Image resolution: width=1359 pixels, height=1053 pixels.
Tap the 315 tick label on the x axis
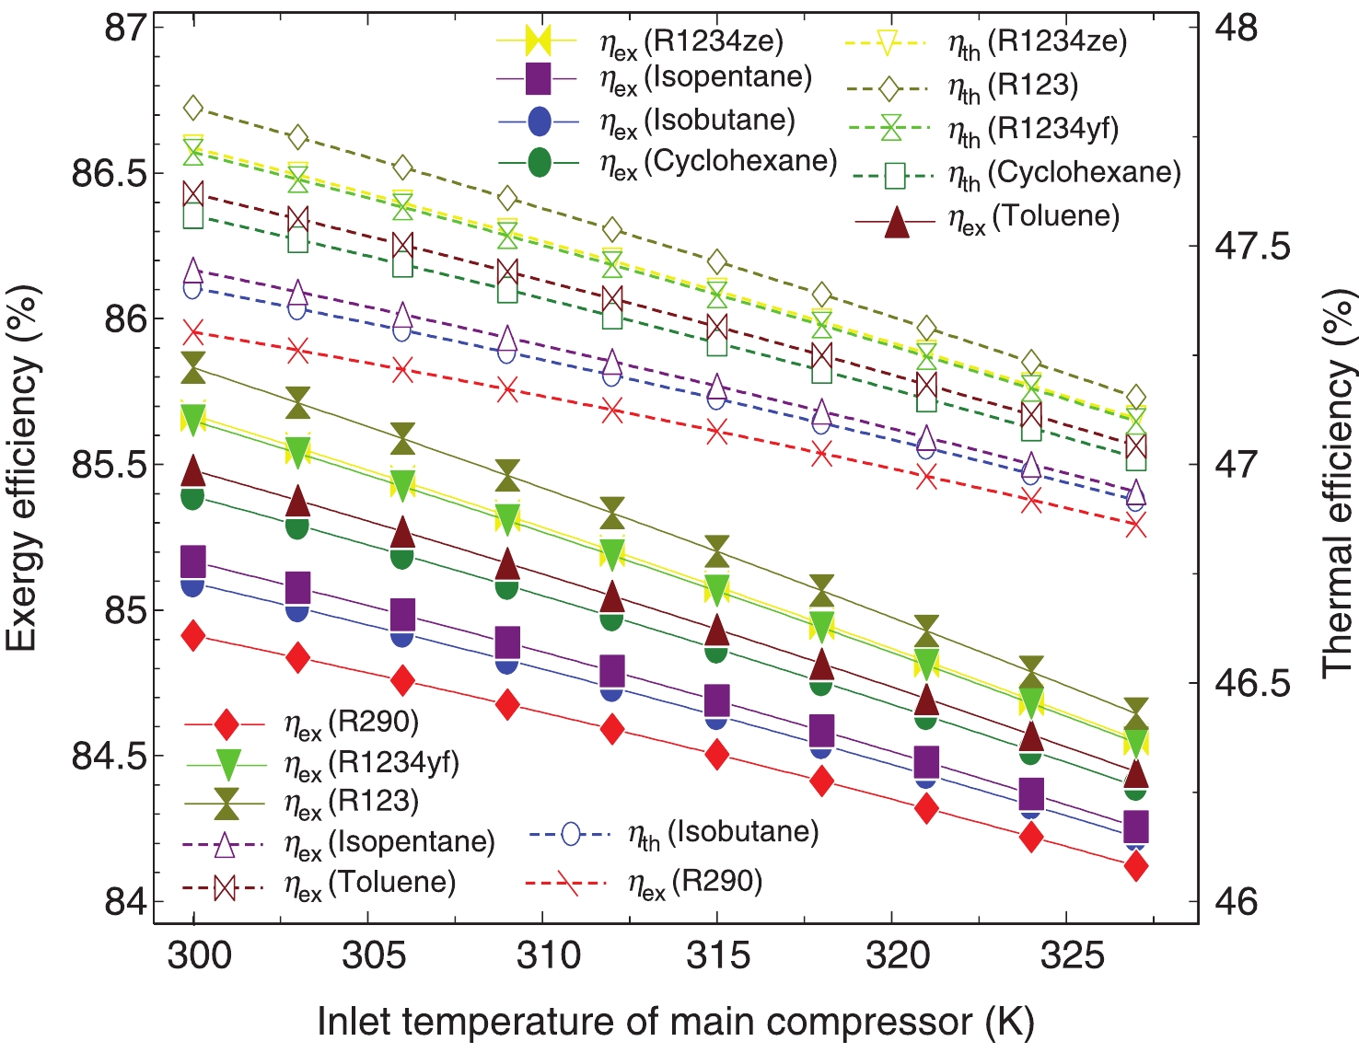tap(717, 955)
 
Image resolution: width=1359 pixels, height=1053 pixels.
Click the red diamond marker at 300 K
tap(193, 635)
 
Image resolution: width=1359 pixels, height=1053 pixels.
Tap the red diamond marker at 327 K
tap(1136, 866)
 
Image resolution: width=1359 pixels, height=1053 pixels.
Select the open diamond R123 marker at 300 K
tap(193, 108)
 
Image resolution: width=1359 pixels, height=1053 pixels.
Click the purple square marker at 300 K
tap(193, 561)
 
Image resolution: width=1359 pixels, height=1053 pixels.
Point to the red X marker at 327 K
tap(1136, 526)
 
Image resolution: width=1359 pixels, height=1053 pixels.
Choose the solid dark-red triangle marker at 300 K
tap(193, 471)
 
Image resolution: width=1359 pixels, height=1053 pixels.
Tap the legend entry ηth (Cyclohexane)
tap(1064, 174)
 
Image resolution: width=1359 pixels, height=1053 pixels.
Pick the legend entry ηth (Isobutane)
tap(723, 834)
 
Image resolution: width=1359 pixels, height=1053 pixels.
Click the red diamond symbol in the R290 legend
tap(226, 724)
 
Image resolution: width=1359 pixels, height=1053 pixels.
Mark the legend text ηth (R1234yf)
tap(1033, 130)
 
